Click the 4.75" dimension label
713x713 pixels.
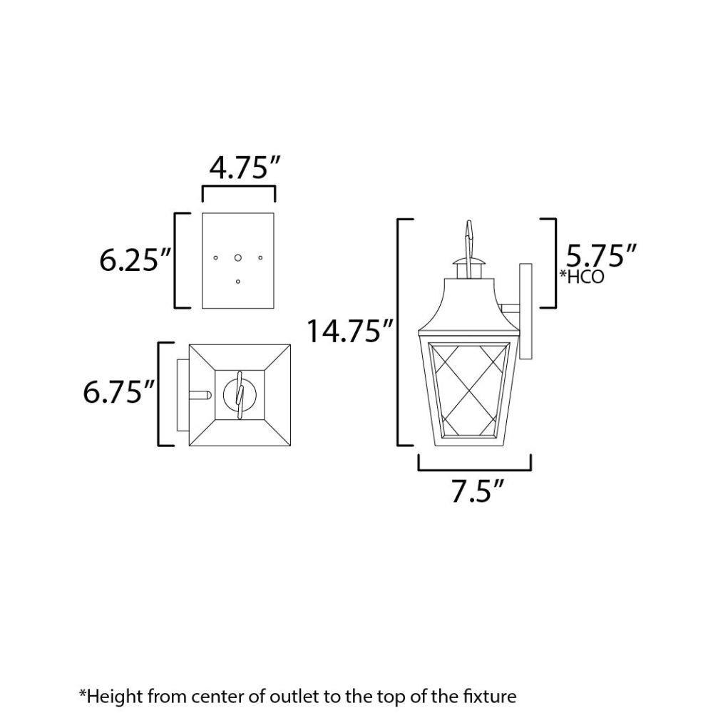(245, 168)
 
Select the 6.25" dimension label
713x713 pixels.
(135, 260)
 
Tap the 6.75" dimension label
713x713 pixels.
(118, 392)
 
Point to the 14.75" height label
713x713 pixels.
(349, 331)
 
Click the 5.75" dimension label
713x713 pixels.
(600, 256)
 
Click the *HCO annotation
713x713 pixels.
(582, 277)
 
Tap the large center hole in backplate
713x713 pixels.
(238, 258)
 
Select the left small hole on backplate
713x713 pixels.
(215, 258)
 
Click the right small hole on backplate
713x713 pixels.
(260, 258)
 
